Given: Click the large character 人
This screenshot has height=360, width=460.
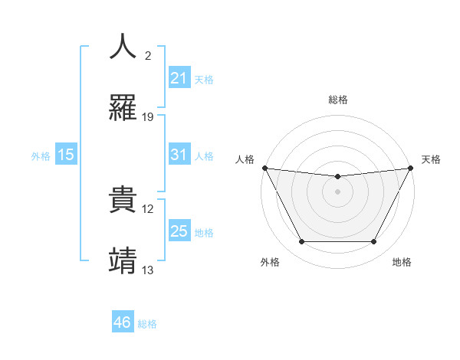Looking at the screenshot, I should (124, 47).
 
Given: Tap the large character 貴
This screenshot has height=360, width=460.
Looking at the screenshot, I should (124, 198).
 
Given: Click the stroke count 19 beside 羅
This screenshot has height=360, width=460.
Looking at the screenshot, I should (148, 117).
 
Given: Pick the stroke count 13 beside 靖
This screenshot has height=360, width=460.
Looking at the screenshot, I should (148, 270).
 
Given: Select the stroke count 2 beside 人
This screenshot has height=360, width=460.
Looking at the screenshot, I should (148, 56).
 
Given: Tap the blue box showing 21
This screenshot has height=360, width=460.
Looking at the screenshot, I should (179, 78).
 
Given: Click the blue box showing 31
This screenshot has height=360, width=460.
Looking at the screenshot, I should (179, 155).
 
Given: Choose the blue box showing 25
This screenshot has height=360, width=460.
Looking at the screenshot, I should (179, 231).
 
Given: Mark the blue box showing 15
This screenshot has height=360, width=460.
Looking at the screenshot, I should (66, 155).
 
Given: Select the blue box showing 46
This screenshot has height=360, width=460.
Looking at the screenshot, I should (122, 322).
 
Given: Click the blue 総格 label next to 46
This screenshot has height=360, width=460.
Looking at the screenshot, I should (147, 324).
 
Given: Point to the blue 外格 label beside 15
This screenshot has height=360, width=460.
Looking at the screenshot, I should (41, 156).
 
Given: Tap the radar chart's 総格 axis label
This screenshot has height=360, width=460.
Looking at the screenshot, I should (337, 100).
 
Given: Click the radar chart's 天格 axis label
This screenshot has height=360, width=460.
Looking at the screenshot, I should (431, 159).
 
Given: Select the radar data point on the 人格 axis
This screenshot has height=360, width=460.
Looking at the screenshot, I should (264, 168).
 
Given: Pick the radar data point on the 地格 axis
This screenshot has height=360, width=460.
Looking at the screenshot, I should (374, 242).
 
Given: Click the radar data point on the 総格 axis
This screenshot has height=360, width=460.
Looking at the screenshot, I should (337, 177).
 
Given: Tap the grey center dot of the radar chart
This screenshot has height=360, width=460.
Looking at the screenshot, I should (337, 191).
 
